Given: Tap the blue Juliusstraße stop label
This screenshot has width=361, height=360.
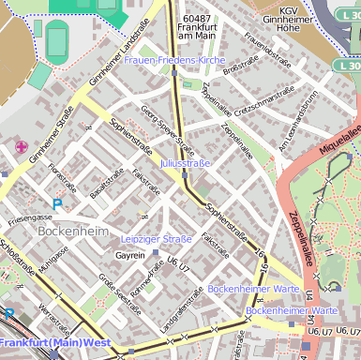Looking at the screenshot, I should point(186,164).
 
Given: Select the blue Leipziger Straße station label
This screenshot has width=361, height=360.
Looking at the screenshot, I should point(157,239).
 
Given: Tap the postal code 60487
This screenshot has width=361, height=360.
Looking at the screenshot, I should point(197,19).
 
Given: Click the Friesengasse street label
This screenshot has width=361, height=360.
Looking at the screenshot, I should point(31,217).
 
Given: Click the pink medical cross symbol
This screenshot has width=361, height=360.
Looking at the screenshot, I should point(21,146).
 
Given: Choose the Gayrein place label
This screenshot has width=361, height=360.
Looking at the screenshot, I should point(130,255).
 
